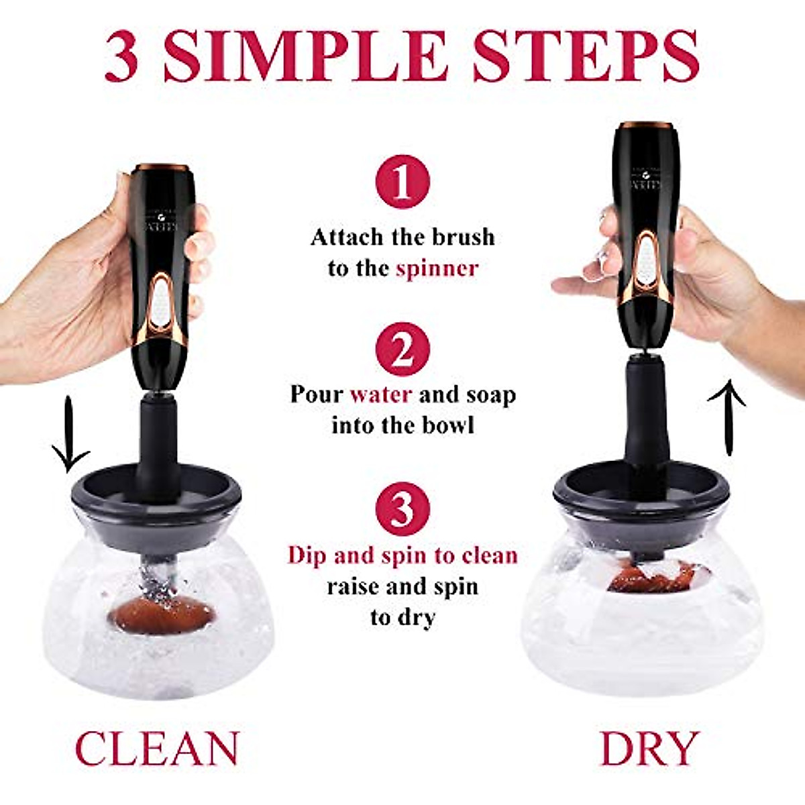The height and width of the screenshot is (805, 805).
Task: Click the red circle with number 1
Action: [x=402, y=181]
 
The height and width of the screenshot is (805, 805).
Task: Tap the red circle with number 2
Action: [x=402, y=348]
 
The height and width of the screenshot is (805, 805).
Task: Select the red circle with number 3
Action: [x=402, y=510]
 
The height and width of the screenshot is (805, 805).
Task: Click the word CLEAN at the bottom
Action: [x=157, y=749]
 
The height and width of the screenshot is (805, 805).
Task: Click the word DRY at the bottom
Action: [x=649, y=749]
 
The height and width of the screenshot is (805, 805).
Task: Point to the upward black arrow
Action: [x=727, y=416]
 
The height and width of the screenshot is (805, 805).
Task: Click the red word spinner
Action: [x=437, y=269]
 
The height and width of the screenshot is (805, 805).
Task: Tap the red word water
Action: [x=380, y=394]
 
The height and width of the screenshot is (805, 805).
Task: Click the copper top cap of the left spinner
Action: [x=160, y=166]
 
